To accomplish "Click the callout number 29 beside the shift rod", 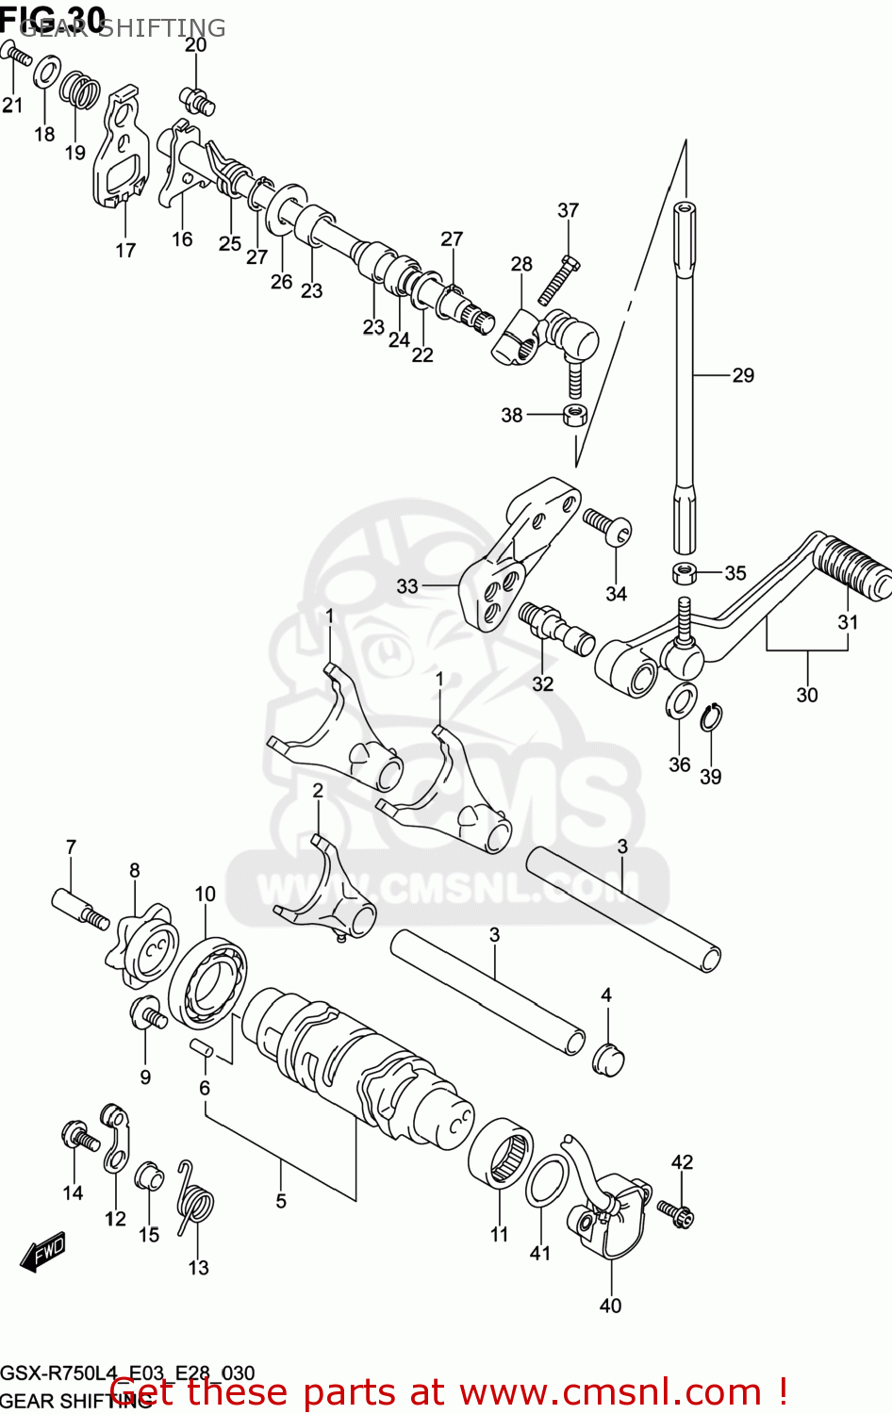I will pos(743,375).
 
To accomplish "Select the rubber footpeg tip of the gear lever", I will pos(853,567).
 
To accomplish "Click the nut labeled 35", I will pos(685,572).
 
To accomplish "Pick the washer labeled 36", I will pos(681,703).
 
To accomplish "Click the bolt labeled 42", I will pos(675,1212).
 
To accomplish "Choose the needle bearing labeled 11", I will pos(500,1152).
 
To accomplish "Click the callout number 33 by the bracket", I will pos(406,586).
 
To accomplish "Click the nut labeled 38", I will pos(575,414).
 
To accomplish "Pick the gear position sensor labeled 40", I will pos(610,1217).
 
